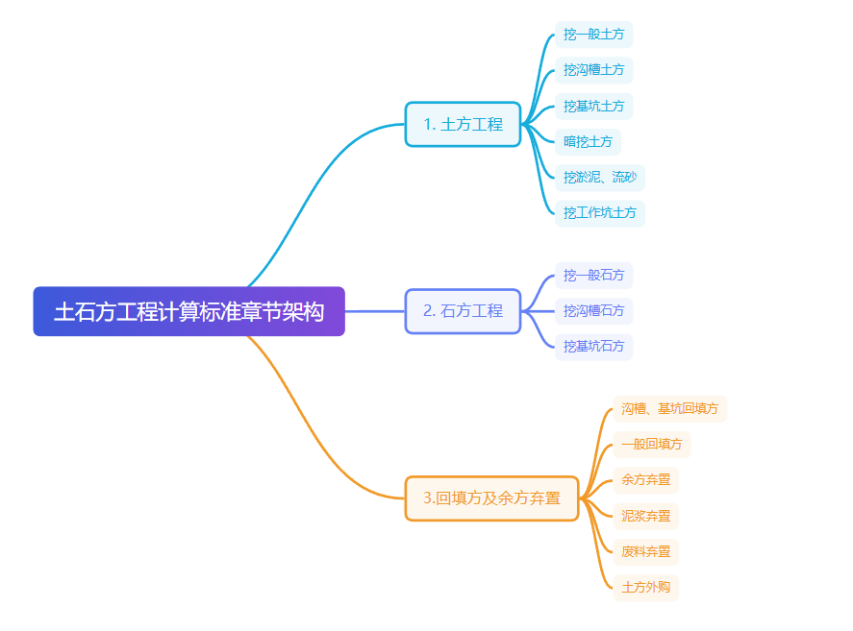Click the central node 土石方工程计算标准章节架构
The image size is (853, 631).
coord(188,311)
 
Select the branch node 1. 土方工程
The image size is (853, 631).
coord(463,124)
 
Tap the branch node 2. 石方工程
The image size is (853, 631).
coord(463,311)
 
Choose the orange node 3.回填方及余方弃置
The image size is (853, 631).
coord(491,498)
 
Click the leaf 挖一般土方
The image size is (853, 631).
coord(593,35)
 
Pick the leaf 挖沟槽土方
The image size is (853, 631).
coord(593,70)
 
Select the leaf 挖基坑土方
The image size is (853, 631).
coord(593,106)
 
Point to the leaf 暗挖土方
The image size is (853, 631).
coord(588,142)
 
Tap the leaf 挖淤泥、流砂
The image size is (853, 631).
coord(599,178)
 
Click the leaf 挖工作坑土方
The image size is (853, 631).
coord(599,213)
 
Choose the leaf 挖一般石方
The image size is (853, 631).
coord(593,276)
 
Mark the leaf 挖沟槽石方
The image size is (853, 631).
coord(593,311)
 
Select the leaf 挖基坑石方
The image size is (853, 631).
coord(593,347)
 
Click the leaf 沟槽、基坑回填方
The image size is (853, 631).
coord(669,409)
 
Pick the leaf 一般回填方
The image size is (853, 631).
coord(651,445)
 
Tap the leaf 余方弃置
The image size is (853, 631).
coord(645,480)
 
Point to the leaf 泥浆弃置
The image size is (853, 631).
coord(645,517)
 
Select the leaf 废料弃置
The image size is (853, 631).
coord(645,552)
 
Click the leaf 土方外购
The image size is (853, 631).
coord(645,588)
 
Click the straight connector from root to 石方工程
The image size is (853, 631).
coord(375,311)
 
